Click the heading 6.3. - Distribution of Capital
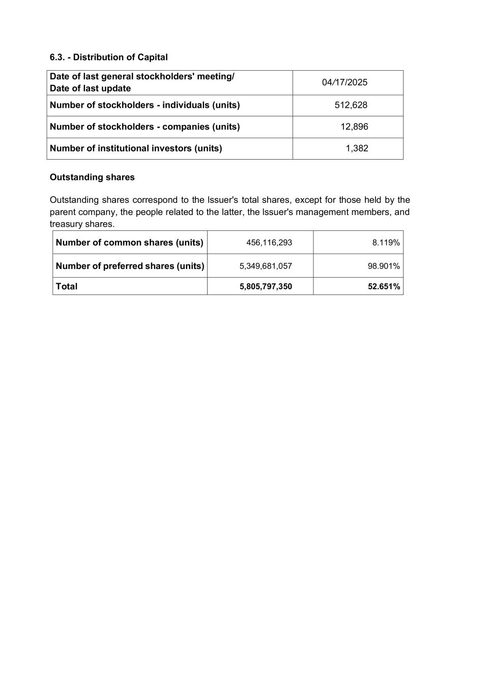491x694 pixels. coord(108,57)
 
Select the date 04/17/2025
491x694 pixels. coord(344,82)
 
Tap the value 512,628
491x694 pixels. coord(351,105)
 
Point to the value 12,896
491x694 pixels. coord(354,127)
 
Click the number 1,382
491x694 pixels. coord(357,148)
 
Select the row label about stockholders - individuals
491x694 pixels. coord(145,105)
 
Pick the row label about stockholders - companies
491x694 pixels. coord(145,127)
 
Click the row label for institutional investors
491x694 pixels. coord(136,148)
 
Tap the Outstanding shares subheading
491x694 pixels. coord(92,177)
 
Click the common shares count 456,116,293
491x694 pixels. coord(269,243)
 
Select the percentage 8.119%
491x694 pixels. coord(386,243)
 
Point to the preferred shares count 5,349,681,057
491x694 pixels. coord(266,266)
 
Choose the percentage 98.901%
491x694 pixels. coord(384,266)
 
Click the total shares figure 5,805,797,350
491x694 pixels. coord(266,286)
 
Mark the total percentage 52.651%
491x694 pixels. coord(384,286)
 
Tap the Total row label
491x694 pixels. coord(67,286)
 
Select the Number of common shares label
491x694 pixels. coord(129,243)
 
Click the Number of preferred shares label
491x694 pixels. coord(130,266)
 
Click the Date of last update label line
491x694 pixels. coord(90,88)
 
